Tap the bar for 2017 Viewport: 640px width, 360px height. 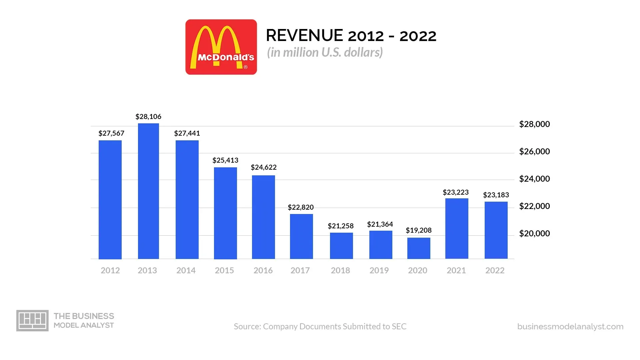point(301,236)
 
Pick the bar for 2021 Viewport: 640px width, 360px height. point(457,228)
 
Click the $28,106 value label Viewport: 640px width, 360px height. point(148,117)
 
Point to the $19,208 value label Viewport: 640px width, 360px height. point(419,230)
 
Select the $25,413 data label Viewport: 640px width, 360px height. point(225,160)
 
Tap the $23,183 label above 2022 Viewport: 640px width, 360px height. point(496,195)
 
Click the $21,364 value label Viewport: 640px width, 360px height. point(380,224)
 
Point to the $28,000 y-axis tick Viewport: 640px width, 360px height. point(534,124)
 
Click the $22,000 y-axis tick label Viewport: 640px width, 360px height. point(534,206)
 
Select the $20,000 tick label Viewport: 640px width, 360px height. point(534,234)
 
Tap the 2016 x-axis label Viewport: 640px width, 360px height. point(263,270)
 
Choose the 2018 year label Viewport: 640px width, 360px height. point(340,270)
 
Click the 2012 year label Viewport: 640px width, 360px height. point(110,270)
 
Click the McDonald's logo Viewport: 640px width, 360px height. point(221,47)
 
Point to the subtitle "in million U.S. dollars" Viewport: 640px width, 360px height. point(325,52)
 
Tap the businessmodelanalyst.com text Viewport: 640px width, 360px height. point(570,327)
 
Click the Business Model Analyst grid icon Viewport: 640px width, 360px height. point(32,320)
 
